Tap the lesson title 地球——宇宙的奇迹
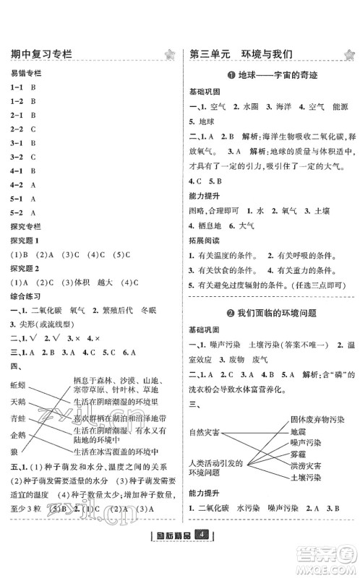coord(268,75)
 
